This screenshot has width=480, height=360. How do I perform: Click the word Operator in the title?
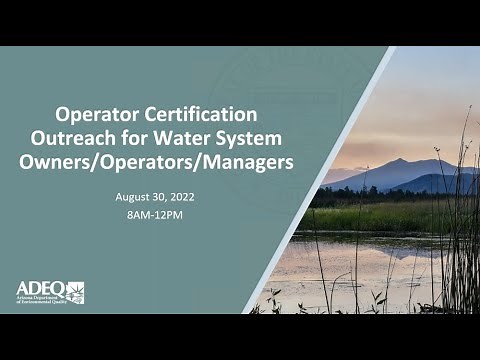[96, 114]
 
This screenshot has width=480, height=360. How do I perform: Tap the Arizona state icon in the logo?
[75, 291]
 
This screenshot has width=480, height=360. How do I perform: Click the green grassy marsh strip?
[380, 216]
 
